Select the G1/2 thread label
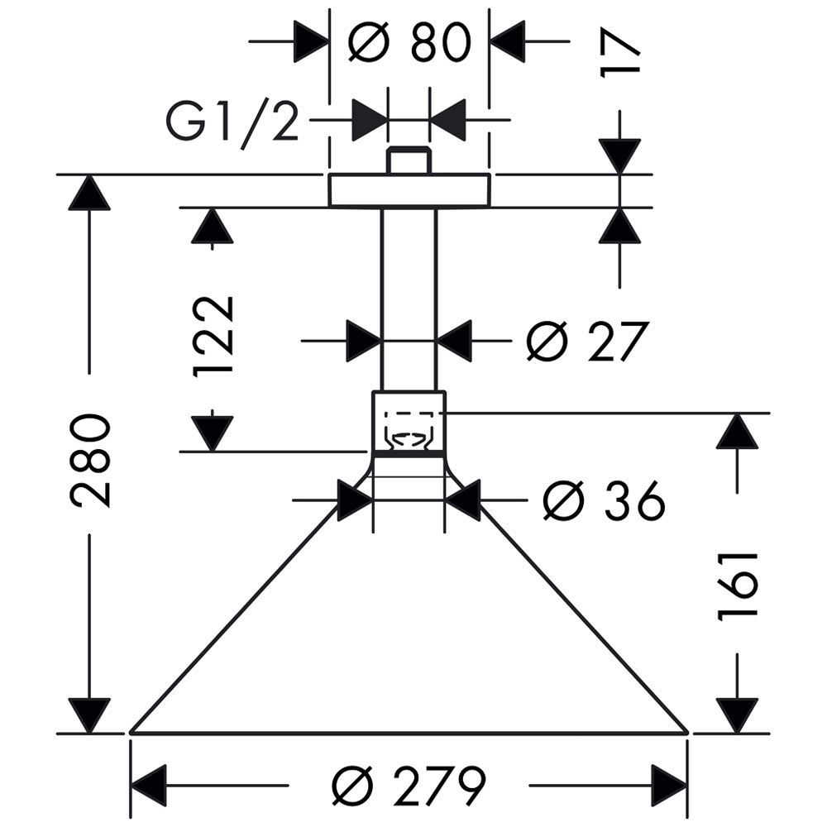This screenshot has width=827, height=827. point(232,122)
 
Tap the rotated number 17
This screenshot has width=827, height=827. point(620,55)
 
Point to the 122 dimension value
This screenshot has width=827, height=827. point(214,336)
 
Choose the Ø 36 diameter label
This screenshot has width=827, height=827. point(604,500)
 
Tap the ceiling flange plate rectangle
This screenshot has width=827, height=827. point(409,190)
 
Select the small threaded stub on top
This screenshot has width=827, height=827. point(409,160)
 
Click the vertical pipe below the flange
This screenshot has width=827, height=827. point(409,298)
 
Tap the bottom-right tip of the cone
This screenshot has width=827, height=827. point(686,731)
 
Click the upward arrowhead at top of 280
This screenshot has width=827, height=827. point(89,194)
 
